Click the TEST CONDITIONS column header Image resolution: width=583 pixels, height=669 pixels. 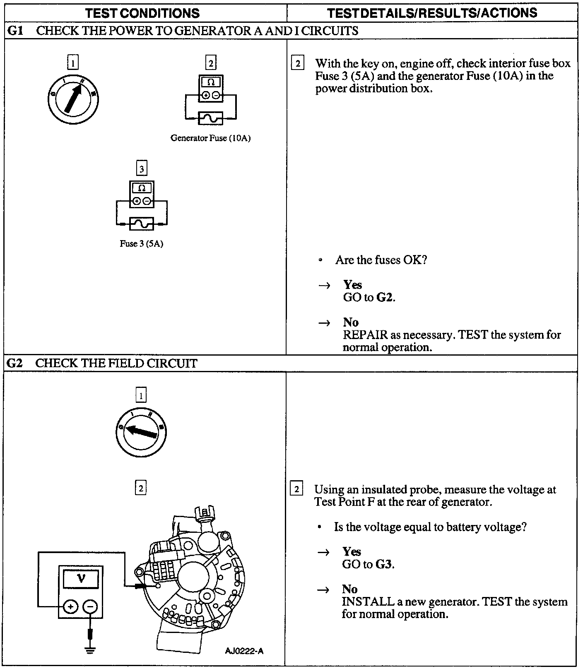[x=142, y=13]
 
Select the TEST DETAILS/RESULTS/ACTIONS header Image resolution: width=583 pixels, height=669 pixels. [x=432, y=13]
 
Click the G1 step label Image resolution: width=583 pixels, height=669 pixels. [x=15, y=31]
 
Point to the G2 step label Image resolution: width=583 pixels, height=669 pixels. [x=15, y=363]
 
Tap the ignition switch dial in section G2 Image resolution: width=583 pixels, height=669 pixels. [x=141, y=433]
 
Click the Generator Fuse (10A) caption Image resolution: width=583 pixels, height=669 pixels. [x=210, y=138]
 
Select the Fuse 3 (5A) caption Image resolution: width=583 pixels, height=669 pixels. [x=141, y=244]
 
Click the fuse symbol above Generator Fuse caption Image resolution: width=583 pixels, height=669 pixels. [x=210, y=118]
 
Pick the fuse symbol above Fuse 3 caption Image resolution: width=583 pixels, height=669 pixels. [x=142, y=224]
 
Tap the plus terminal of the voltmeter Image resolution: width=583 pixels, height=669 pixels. [x=70, y=607]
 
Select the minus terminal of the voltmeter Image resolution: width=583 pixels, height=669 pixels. [x=90, y=607]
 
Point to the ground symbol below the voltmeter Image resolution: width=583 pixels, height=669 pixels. [x=90, y=649]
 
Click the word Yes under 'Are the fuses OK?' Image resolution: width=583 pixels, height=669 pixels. [x=352, y=285]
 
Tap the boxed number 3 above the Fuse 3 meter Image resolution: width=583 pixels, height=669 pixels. [x=142, y=169]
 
